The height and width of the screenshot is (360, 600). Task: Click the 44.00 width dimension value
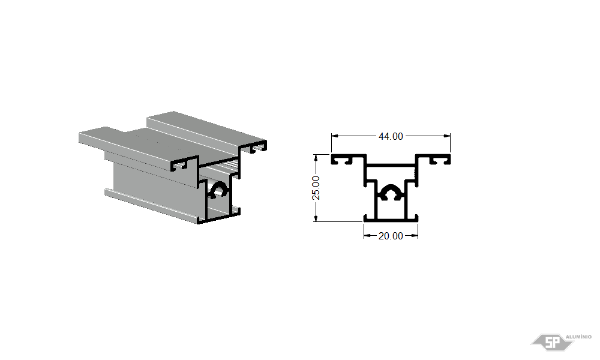(391, 136)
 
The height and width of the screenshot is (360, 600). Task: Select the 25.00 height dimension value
(316, 188)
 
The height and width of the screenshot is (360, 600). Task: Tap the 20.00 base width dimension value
(391, 236)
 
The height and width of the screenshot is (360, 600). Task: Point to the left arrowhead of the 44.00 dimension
(335, 136)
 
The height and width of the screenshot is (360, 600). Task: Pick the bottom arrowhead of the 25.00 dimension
(316, 218)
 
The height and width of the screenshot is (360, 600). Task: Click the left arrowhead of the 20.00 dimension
(367, 236)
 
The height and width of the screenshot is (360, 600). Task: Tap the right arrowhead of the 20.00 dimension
(414, 236)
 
